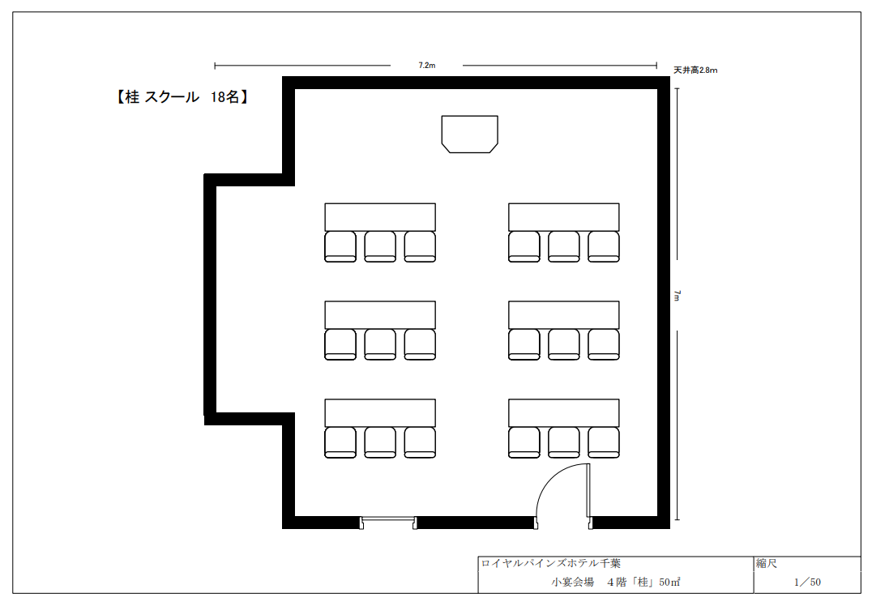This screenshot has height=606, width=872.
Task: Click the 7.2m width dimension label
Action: (x=426, y=66)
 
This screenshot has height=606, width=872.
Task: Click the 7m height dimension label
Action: (x=677, y=295)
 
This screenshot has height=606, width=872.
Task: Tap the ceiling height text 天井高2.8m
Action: (x=695, y=70)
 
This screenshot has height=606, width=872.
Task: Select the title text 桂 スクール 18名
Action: (x=182, y=96)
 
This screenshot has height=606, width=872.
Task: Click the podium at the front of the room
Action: (x=469, y=134)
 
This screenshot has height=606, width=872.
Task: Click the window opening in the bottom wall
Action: (x=387, y=522)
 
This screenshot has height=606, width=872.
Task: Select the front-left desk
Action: (x=380, y=217)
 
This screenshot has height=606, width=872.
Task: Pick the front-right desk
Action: (x=563, y=217)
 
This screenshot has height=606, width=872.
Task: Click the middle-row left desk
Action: (x=380, y=314)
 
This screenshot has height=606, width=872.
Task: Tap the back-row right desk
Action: (x=563, y=412)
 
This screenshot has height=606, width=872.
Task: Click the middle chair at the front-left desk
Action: (x=380, y=247)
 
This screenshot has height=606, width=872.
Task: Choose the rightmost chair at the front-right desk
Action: (x=604, y=247)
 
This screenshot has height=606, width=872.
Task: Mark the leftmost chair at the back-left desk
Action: (x=340, y=442)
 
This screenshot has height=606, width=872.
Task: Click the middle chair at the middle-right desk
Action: (x=564, y=344)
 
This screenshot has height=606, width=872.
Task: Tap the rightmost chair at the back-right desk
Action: (x=604, y=442)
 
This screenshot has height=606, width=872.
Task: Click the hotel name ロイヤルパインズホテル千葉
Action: (x=550, y=563)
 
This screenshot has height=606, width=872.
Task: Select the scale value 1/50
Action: (x=807, y=582)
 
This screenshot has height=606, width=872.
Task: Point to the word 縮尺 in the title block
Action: (x=767, y=563)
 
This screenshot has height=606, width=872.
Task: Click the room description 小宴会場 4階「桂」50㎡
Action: (x=616, y=582)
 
